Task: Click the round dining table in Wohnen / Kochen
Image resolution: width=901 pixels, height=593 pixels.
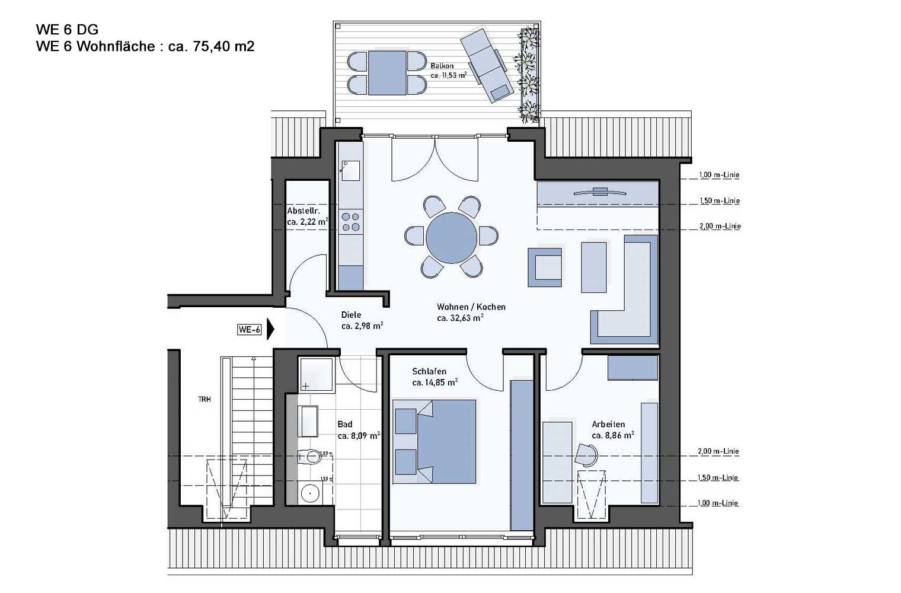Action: coord(451,237)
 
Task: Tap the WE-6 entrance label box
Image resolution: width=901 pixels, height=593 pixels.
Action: coord(250,330)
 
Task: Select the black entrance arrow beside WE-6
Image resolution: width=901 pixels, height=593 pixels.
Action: coord(271,330)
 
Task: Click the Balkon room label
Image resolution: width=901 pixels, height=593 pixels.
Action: coord(442,66)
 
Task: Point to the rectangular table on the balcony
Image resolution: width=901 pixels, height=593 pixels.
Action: coord(387,73)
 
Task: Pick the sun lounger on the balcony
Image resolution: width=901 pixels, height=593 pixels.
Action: coord(487,65)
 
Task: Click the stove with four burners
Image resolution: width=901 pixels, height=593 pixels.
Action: coord(351,222)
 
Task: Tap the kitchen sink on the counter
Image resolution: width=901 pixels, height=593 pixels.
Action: coord(351,171)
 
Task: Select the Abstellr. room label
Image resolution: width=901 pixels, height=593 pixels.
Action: coord(303,211)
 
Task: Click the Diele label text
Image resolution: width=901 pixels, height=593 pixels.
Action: coord(351,315)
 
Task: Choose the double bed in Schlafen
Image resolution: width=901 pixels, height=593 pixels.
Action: coord(434,441)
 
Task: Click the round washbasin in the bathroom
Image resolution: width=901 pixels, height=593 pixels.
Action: coord(310,493)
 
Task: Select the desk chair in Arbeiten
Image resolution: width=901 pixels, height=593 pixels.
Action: coord(586,455)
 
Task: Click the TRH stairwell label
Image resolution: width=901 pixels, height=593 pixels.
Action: coord(205,400)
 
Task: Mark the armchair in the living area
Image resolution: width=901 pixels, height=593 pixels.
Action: coord(545,267)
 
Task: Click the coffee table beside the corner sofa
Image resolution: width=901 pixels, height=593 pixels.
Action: coord(594,267)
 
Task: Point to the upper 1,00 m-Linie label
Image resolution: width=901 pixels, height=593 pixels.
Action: coord(720,175)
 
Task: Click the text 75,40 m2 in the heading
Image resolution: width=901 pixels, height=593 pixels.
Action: coord(223,46)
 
